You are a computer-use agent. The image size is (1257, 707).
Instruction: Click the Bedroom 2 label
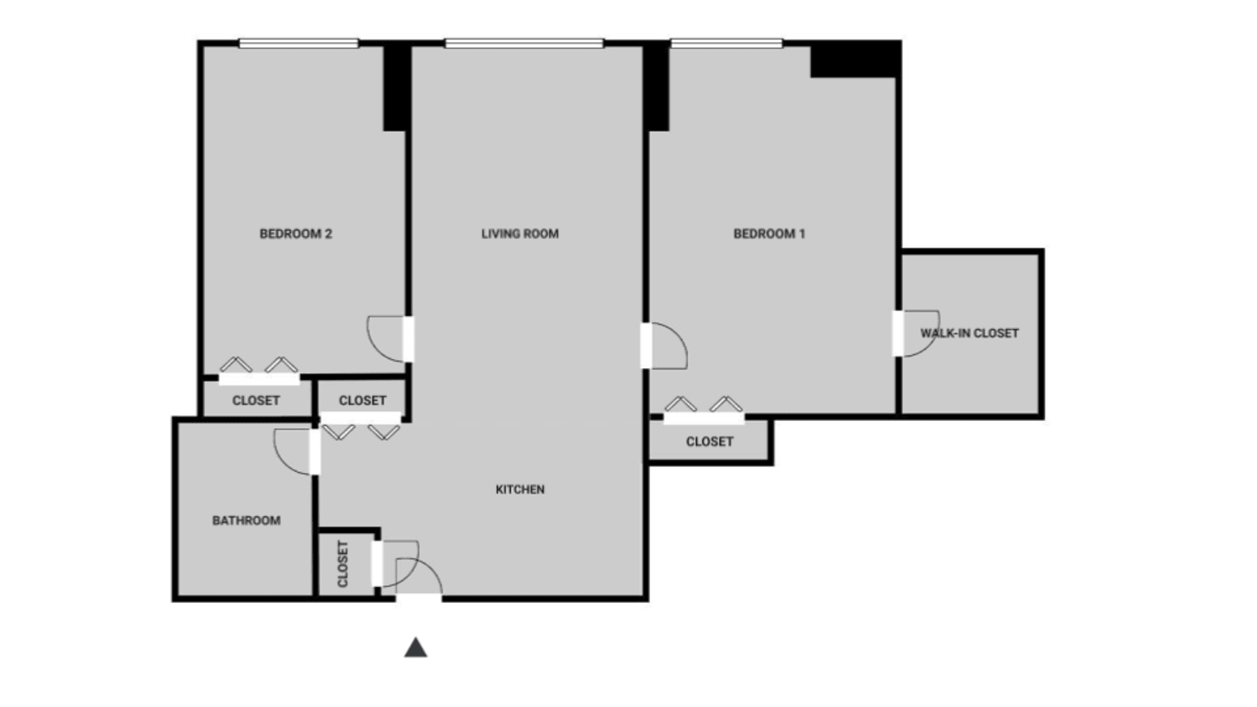point(295,234)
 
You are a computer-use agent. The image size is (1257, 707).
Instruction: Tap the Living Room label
point(519,234)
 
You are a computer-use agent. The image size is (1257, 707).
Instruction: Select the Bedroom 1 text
point(768,234)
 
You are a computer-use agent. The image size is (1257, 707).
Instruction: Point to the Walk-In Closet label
point(969,333)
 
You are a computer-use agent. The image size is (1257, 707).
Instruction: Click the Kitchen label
point(519,490)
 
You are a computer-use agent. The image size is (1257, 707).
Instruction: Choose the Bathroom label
point(246,521)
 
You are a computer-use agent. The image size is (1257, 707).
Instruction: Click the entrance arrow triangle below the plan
point(415,647)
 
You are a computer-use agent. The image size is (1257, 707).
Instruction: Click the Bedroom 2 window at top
point(299,43)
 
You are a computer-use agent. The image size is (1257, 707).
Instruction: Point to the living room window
point(523,43)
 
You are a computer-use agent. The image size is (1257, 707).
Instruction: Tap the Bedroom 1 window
point(726,43)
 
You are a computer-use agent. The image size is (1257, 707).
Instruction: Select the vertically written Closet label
point(343,563)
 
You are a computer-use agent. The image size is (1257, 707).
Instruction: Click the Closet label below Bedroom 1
point(710,442)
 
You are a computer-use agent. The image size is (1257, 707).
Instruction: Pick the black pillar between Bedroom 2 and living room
point(397,87)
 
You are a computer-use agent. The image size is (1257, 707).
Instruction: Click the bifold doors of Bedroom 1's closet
point(704,408)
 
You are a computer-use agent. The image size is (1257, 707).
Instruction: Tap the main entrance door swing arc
point(420,576)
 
